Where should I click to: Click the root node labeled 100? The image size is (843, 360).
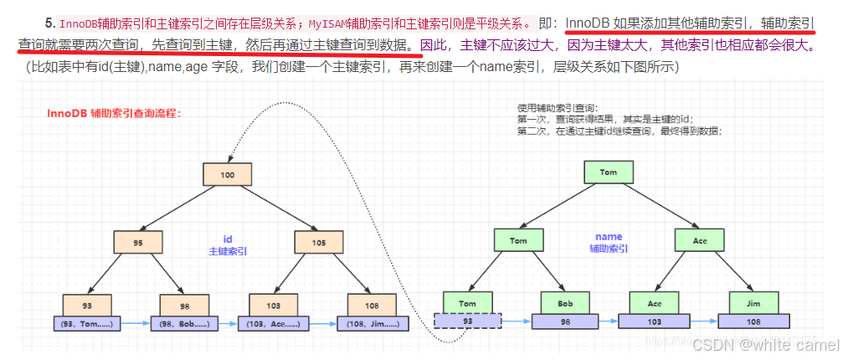(226, 174)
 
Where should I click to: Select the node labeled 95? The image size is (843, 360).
(137, 242)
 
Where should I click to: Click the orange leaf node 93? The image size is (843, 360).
(87, 305)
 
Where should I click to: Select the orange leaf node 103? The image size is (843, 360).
(274, 305)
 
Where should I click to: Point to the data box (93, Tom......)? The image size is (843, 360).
(87, 322)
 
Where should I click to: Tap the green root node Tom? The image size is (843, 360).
(608, 172)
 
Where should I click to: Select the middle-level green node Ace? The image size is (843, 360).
(699, 240)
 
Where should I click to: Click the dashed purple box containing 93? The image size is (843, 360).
(468, 321)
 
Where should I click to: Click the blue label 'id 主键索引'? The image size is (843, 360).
(226, 244)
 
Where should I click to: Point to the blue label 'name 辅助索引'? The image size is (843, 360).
(609, 243)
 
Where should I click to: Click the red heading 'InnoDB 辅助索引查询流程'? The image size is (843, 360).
(114, 112)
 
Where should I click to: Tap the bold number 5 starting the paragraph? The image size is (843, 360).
(49, 22)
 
